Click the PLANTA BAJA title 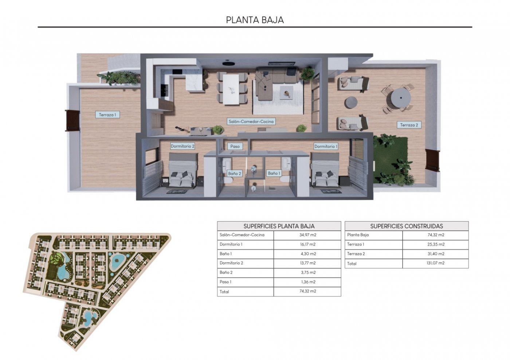click(255, 20)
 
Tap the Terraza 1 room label click(107, 115)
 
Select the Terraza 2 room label click(409, 125)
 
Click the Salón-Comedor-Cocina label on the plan click(251, 122)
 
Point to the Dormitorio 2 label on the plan click(183, 146)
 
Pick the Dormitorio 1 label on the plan click(326, 146)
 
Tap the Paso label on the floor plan click(235, 146)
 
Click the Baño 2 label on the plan click(234, 174)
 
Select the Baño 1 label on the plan click(274, 173)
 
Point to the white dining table click(231, 89)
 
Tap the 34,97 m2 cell click(307, 235)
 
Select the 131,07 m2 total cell click(435, 263)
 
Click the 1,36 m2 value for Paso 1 click(307, 282)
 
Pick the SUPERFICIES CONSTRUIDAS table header click(407, 226)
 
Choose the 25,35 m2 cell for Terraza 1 click(435, 245)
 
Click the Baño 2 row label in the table click(226, 273)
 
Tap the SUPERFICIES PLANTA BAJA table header click(279, 226)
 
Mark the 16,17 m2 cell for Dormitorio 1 click(307, 245)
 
